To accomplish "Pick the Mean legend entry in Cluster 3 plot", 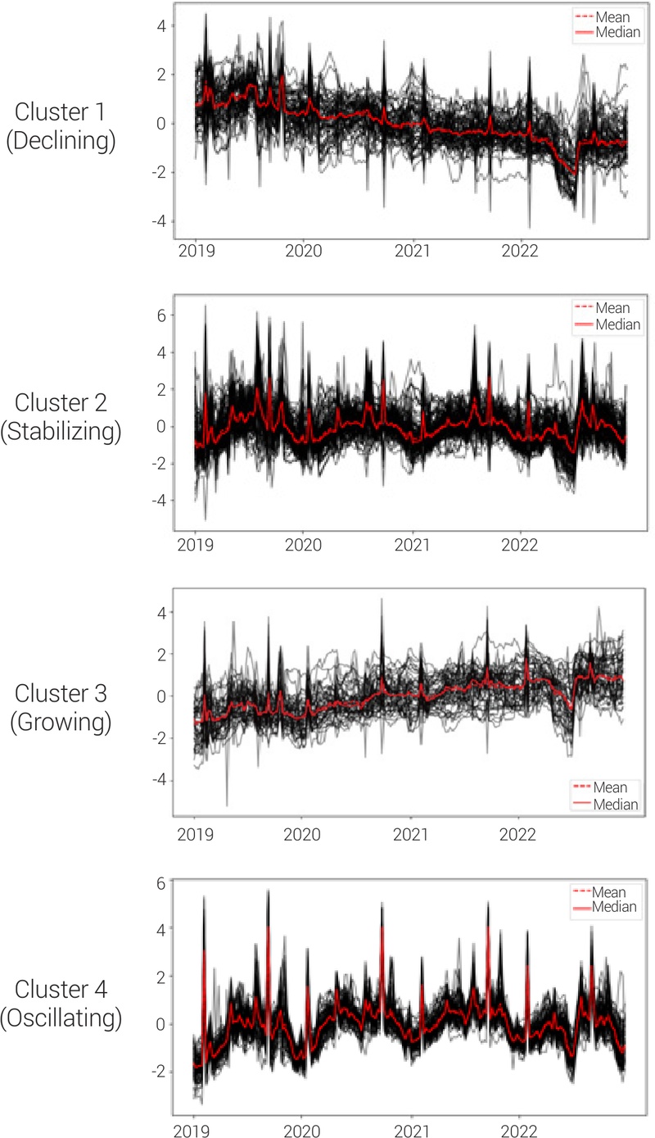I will (x=611, y=788).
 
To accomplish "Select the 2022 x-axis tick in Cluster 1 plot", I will (x=519, y=251).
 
